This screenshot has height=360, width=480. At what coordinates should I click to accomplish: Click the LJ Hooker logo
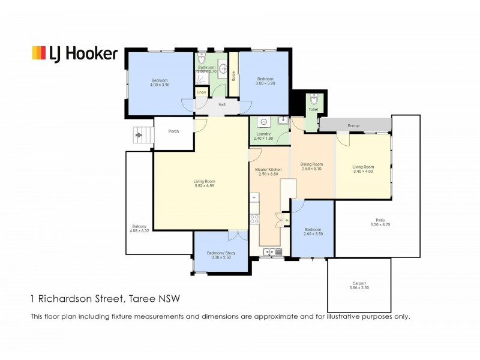click(x=74, y=53)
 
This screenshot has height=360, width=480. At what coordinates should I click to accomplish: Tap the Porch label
click(x=173, y=131)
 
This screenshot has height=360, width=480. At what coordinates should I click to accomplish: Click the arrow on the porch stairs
click(x=139, y=136)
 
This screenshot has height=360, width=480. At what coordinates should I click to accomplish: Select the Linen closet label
click(x=201, y=92)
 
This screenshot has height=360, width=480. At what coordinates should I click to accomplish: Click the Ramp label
click(x=354, y=125)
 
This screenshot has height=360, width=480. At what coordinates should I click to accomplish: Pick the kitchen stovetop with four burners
click(x=254, y=218)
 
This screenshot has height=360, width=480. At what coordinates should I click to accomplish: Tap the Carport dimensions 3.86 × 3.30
click(x=359, y=289)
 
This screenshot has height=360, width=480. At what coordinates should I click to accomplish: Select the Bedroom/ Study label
click(x=221, y=253)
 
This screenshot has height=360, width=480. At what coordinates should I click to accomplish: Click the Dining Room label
click(x=312, y=164)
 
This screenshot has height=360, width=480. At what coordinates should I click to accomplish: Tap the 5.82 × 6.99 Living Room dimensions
click(x=204, y=186)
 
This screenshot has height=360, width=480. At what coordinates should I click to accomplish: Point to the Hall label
click(x=221, y=104)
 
